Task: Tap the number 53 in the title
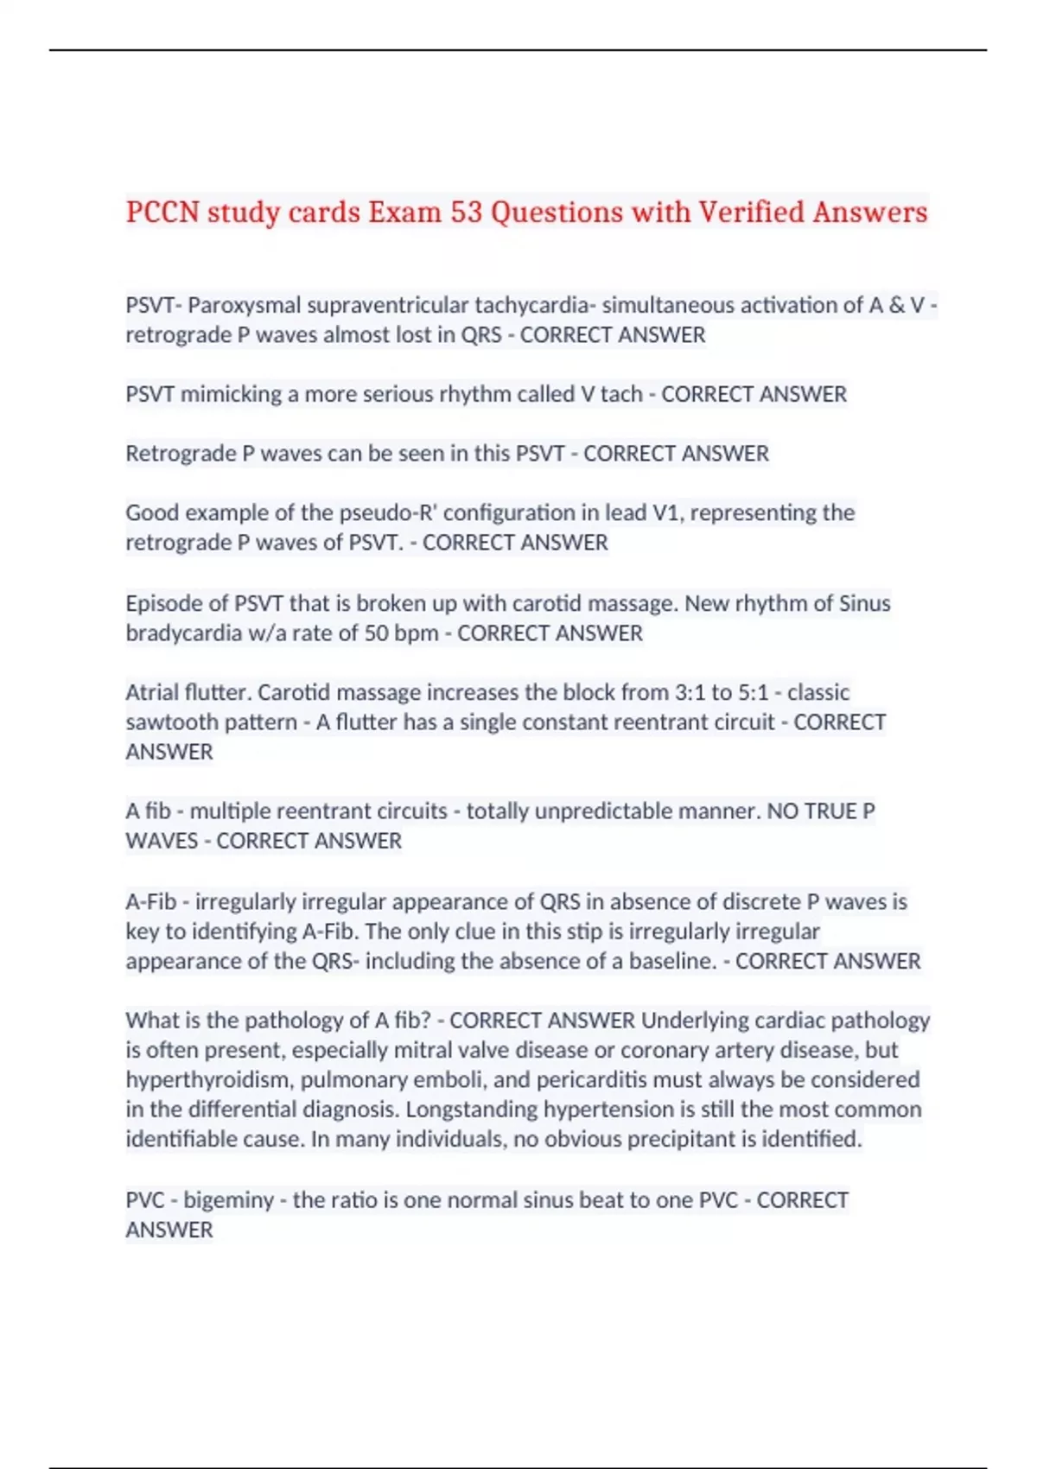click(466, 213)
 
